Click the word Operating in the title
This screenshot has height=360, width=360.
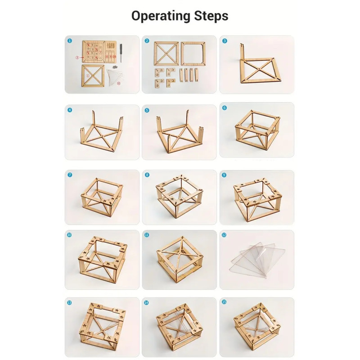click(160, 17)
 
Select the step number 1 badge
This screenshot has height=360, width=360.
click(70, 40)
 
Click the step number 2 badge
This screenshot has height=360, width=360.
click(147, 40)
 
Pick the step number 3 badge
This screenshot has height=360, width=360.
click(225, 40)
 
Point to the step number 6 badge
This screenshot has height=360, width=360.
click(225, 108)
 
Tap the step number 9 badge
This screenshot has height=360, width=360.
click(225, 175)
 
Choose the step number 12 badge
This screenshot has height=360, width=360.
click(225, 235)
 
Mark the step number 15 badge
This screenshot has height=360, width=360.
click(225, 302)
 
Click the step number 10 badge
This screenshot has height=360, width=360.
click(70, 235)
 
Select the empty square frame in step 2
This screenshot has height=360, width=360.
click(193, 54)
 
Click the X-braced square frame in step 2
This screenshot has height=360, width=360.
click(166, 54)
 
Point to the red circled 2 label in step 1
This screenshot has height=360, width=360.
click(77, 58)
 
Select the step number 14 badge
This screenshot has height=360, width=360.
click(146, 302)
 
